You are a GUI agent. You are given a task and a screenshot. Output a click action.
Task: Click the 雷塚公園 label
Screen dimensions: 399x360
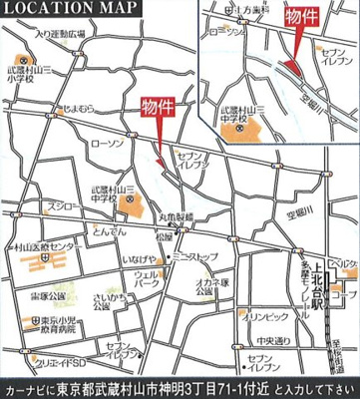pos(47,296)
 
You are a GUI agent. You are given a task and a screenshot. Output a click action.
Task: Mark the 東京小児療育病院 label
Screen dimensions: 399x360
pos(47,321)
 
